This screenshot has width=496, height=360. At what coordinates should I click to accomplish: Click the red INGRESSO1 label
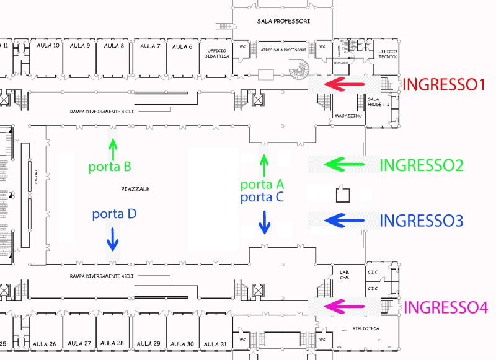[443, 85]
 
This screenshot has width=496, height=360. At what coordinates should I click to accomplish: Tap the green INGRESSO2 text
[421, 165]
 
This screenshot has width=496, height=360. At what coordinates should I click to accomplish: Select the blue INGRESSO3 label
[421, 221]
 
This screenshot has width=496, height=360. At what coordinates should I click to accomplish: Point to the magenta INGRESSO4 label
[446, 307]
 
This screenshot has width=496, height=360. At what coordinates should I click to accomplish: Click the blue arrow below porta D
[113, 238]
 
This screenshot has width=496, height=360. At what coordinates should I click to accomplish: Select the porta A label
[262, 185]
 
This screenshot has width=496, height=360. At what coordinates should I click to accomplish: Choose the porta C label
[262, 198]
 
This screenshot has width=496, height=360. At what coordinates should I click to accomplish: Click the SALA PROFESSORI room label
[283, 21]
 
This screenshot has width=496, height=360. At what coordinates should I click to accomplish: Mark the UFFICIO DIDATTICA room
[218, 53]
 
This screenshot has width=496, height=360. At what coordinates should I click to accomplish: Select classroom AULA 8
[114, 46]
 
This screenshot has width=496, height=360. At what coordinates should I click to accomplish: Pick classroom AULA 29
[148, 343]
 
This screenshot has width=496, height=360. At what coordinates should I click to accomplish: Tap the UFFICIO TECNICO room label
[387, 54]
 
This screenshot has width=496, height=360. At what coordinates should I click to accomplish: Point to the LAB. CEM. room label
[344, 275]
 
